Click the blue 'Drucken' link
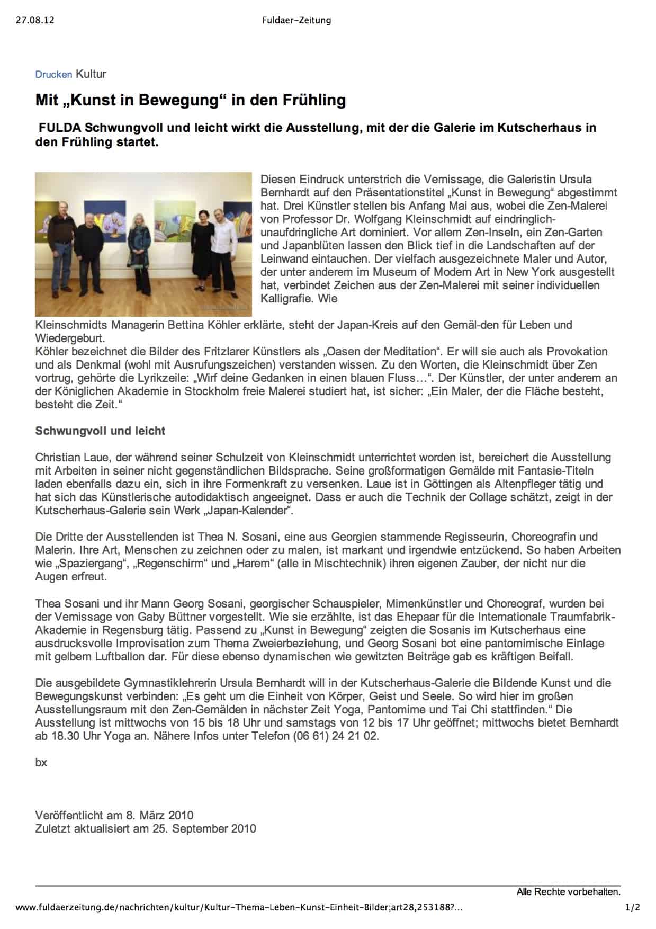click(x=53, y=75)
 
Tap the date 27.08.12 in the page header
click(x=35, y=21)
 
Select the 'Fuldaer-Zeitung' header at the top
click(x=296, y=21)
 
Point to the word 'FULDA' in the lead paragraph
click(x=60, y=128)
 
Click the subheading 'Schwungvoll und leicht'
click(x=100, y=431)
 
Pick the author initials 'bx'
click(x=41, y=762)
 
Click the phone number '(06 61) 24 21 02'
click(x=336, y=736)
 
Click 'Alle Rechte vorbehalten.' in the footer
click(x=568, y=892)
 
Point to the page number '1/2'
click(x=632, y=908)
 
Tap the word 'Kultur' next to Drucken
click(x=91, y=74)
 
